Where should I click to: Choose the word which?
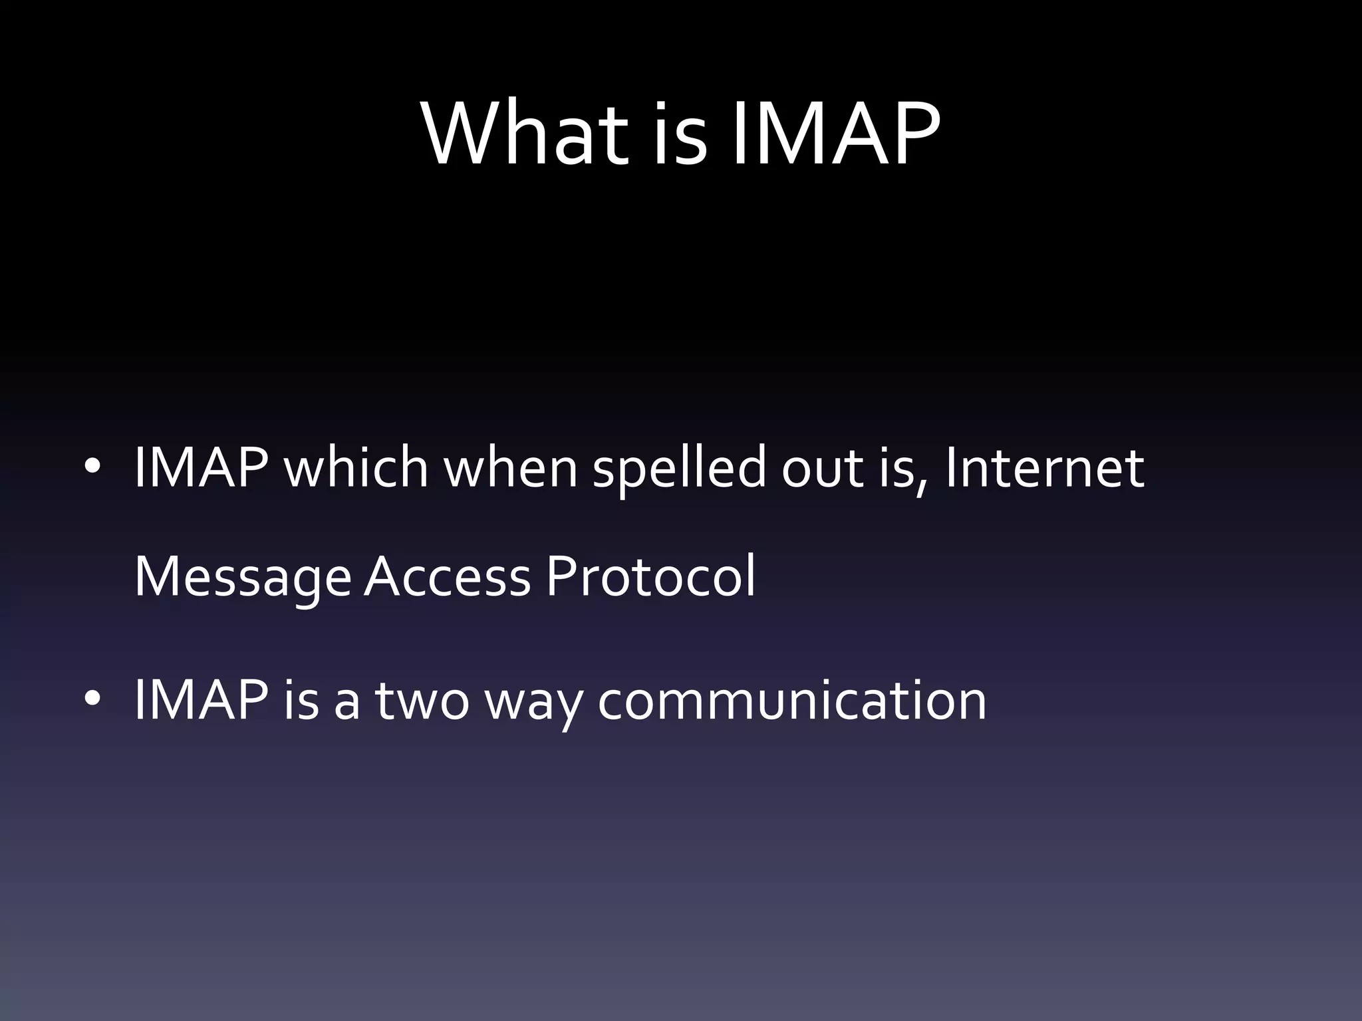point(356,467)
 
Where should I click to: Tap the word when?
point(511,467)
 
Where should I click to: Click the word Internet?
point(1044,467)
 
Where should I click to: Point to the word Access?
point(448,576)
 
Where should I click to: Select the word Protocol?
point(651,576)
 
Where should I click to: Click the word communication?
point(791,700)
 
